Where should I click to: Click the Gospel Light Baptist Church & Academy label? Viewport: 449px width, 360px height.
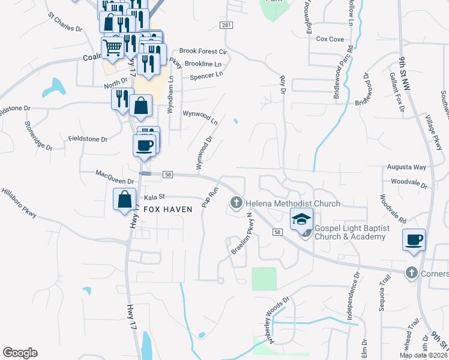pos(351,232)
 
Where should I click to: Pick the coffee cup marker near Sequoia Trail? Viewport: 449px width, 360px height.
pos(414,239)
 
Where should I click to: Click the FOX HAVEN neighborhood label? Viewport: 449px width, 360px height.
pos(168,209)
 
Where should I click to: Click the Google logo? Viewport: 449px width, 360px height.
pos(20,353)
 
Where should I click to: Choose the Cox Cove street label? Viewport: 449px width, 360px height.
pos(330,39)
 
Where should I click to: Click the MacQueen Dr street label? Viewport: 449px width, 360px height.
pos(113,173)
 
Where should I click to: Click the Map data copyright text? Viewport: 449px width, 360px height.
pos(423,355)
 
